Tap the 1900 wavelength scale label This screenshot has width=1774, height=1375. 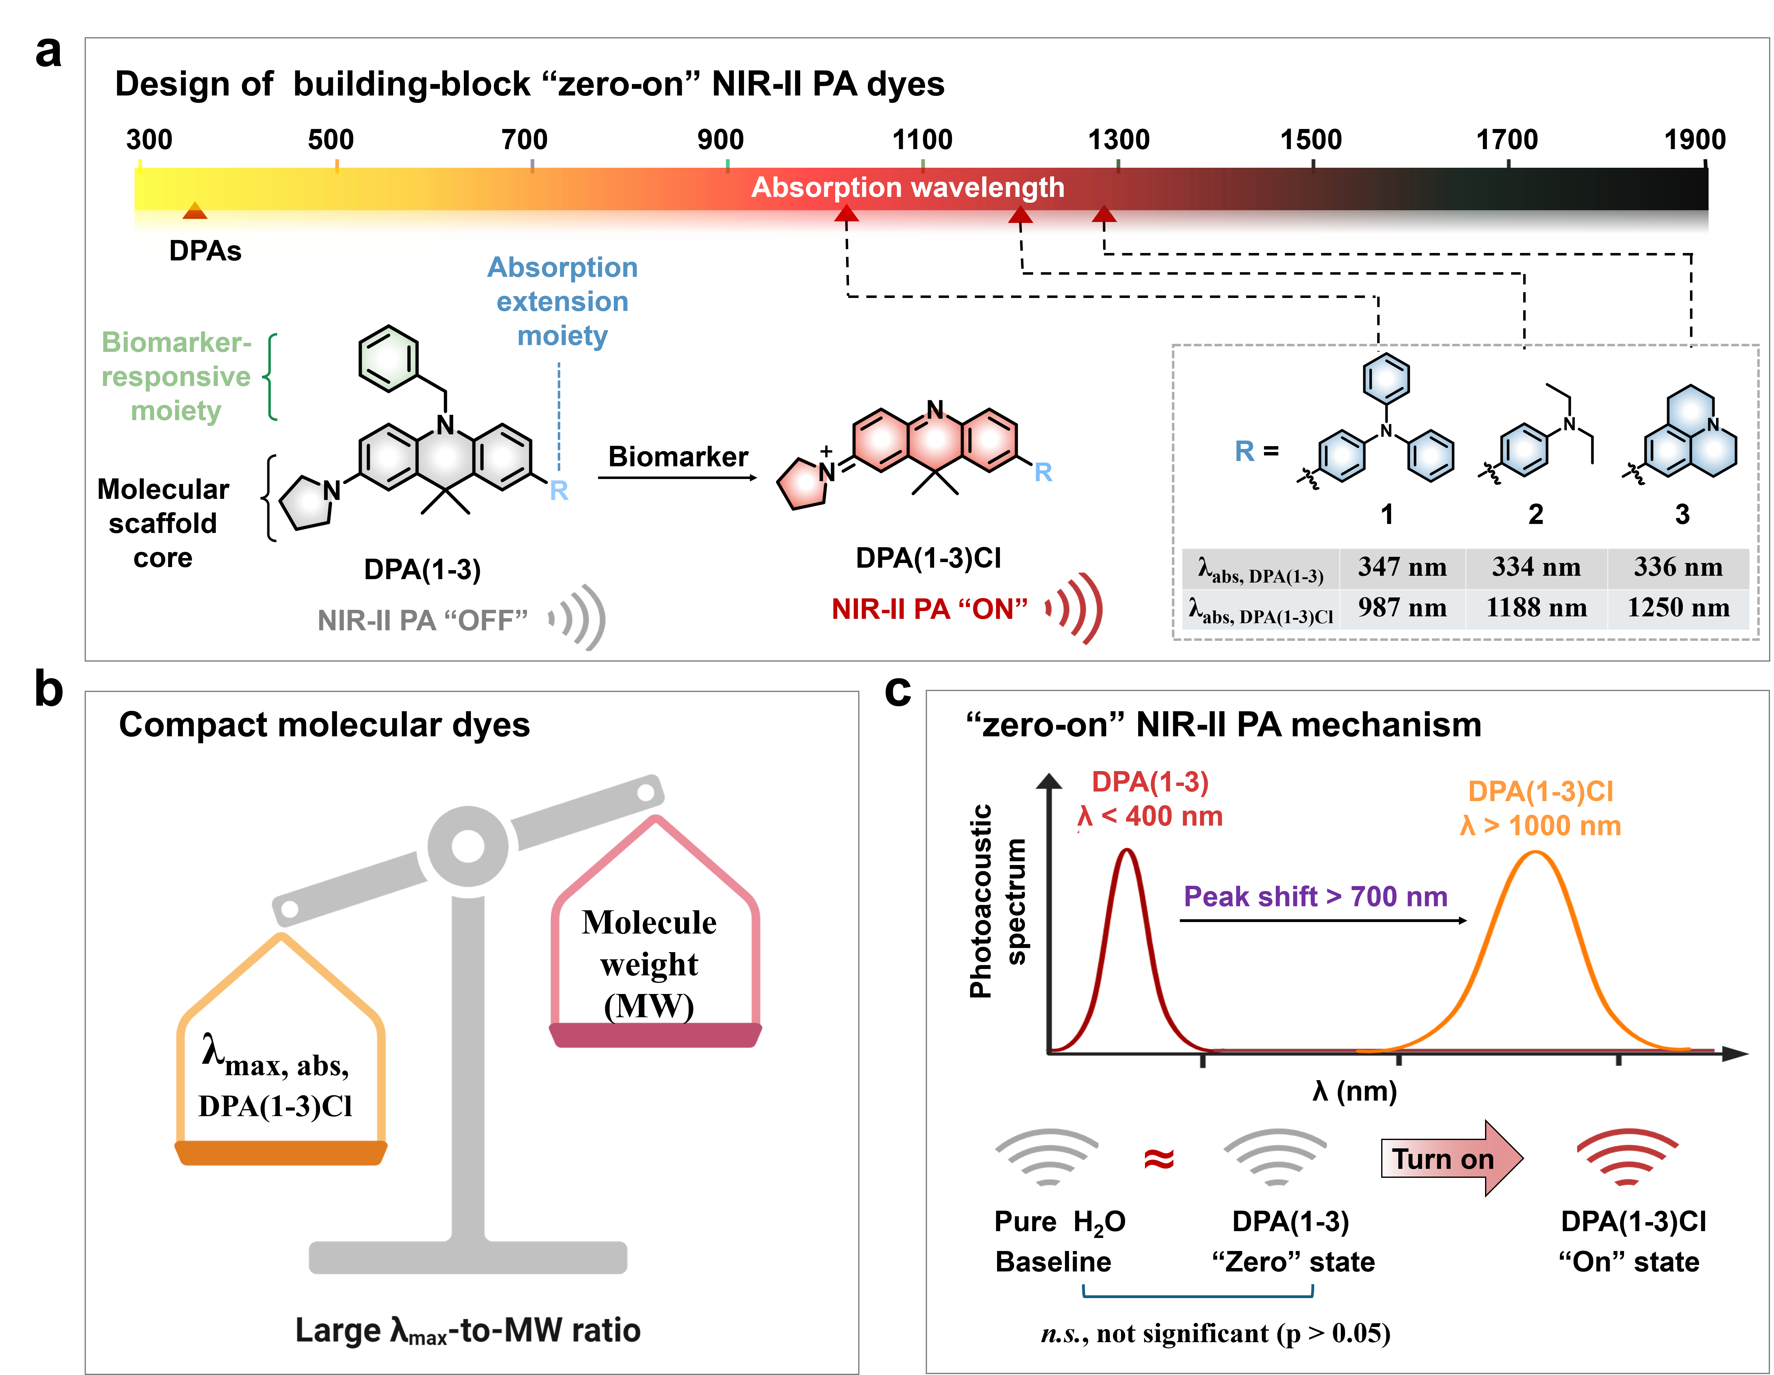[x=1694, y=140]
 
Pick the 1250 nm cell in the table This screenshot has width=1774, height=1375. [x=1678, y=607]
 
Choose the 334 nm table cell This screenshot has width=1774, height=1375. [x=1536, y=567]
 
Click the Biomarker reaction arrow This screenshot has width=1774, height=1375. [x=677, y=477]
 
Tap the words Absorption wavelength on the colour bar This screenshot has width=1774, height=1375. [x=907, y=188]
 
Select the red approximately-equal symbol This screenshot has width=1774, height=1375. [x=1159, y=1159]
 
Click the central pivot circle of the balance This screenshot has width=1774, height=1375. [x=468, y=846]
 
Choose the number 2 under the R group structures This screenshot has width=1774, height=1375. [x=1535, y=514]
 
